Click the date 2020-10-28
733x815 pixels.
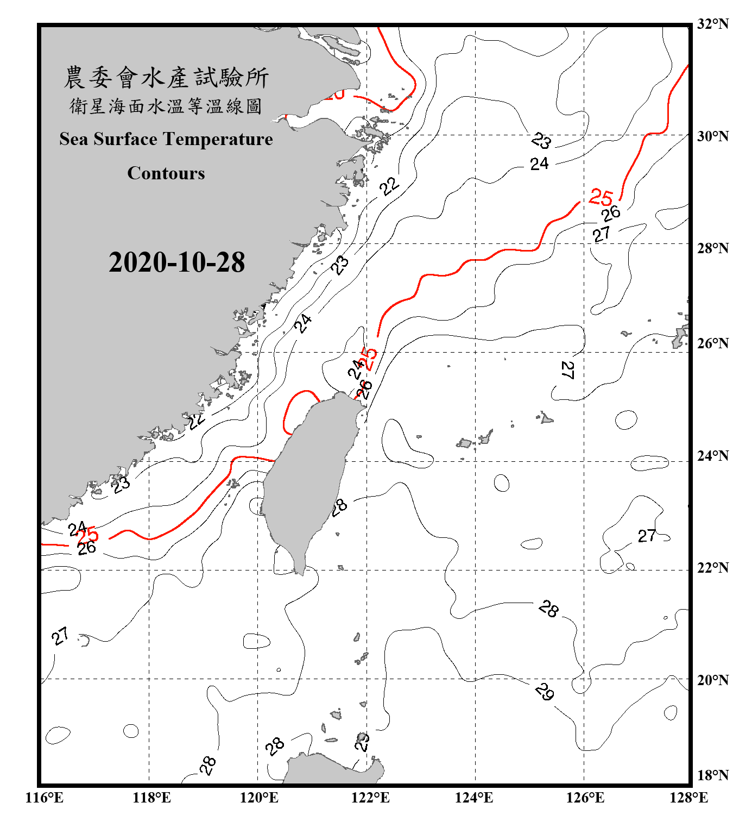point(176,262)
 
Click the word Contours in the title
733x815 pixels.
point(166,173)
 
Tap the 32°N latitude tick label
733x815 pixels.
point(712,24)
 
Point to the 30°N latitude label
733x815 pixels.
point(712,136)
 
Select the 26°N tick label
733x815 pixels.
point(712,343)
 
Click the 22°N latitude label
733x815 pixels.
point(712,568)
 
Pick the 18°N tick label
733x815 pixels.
point(712,775)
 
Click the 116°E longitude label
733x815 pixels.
point(44,798)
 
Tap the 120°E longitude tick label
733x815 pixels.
point(259,798)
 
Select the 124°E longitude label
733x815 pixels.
point(474,798)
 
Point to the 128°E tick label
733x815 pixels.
point(688,798)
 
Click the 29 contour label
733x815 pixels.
point(544,692)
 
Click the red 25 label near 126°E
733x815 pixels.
point(601,197)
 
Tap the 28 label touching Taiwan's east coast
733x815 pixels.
point(339,507)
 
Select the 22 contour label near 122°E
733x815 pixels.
point(389,186)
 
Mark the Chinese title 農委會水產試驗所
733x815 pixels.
point(166,77)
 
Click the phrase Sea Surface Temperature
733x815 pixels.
point(166,139)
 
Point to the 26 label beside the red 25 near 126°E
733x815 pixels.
point(611,213)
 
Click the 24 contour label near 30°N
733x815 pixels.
point(539,164)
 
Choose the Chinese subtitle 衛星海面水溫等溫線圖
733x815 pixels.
point(166,106)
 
